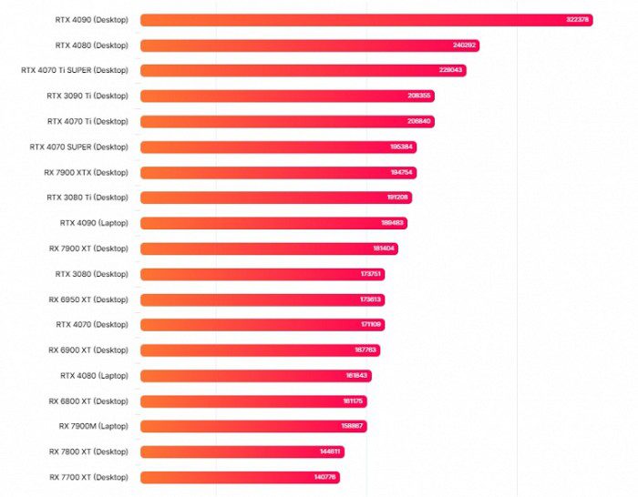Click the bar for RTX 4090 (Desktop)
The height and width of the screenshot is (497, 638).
(365, 19)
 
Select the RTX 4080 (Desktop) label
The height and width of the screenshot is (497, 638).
(91, 45)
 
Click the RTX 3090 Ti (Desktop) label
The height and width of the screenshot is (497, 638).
(87, 96)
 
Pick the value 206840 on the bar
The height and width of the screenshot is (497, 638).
(420, 121)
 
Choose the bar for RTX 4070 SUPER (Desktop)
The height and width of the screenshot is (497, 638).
(278, 147)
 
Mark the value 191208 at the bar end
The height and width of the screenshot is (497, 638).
(398, 198)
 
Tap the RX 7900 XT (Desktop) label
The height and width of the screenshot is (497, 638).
(88, 248)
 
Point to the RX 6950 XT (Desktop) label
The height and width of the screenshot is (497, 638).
(88, 299)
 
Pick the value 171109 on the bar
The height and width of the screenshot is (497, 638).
(371, 325)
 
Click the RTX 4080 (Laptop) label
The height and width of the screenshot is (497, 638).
(94, 375)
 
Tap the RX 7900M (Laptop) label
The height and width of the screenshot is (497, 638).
(93, 426)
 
